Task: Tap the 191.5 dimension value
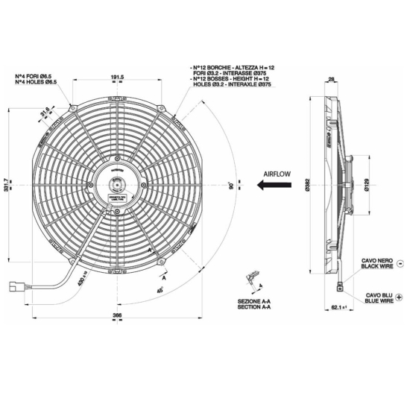click(116, 77)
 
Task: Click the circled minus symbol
click(400, 263)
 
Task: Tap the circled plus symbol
click(400, 297)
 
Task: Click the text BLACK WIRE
click(377, 265)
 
